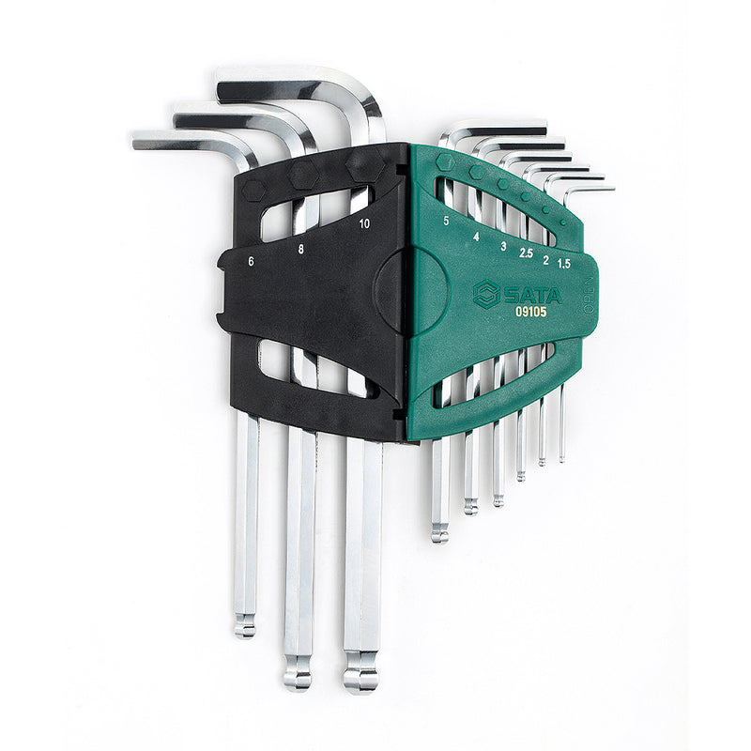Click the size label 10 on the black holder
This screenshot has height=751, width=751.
click(364, 223)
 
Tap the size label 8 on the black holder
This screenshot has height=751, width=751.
click(300, 249)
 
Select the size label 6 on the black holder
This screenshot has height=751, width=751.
click(251, 262)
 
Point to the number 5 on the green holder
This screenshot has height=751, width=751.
click(447, 221)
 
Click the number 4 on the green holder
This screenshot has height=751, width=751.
click(476, 237)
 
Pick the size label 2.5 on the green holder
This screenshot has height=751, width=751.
click(526, 253)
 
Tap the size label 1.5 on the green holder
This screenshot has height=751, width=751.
click(564, 264)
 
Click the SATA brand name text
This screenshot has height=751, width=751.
click(533, 296)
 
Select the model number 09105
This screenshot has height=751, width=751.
click(530, 312)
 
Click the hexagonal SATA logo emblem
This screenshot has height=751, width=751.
click(486, 294)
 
